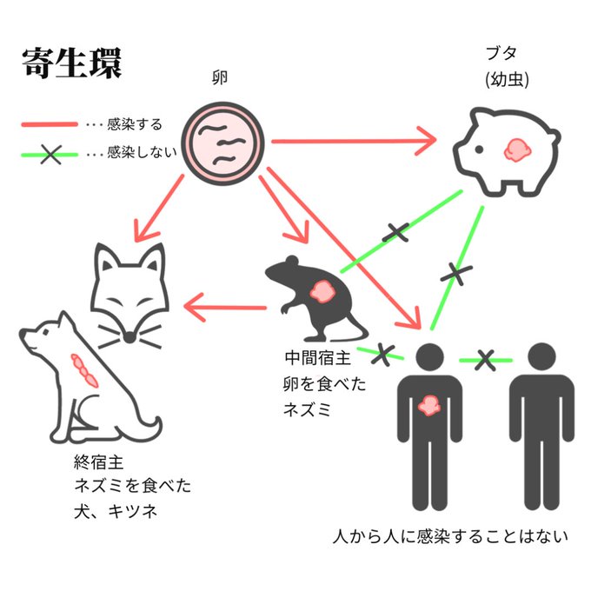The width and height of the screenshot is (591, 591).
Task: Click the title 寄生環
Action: tap(71, 63)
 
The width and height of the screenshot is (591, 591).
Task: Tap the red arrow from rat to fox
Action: tap(228, 307)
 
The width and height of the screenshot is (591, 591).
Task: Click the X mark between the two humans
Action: tap(485, 358)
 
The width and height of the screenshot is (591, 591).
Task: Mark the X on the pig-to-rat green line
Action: tap(395, 231)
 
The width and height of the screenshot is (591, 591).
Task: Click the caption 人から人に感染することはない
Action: tap(449, 536)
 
